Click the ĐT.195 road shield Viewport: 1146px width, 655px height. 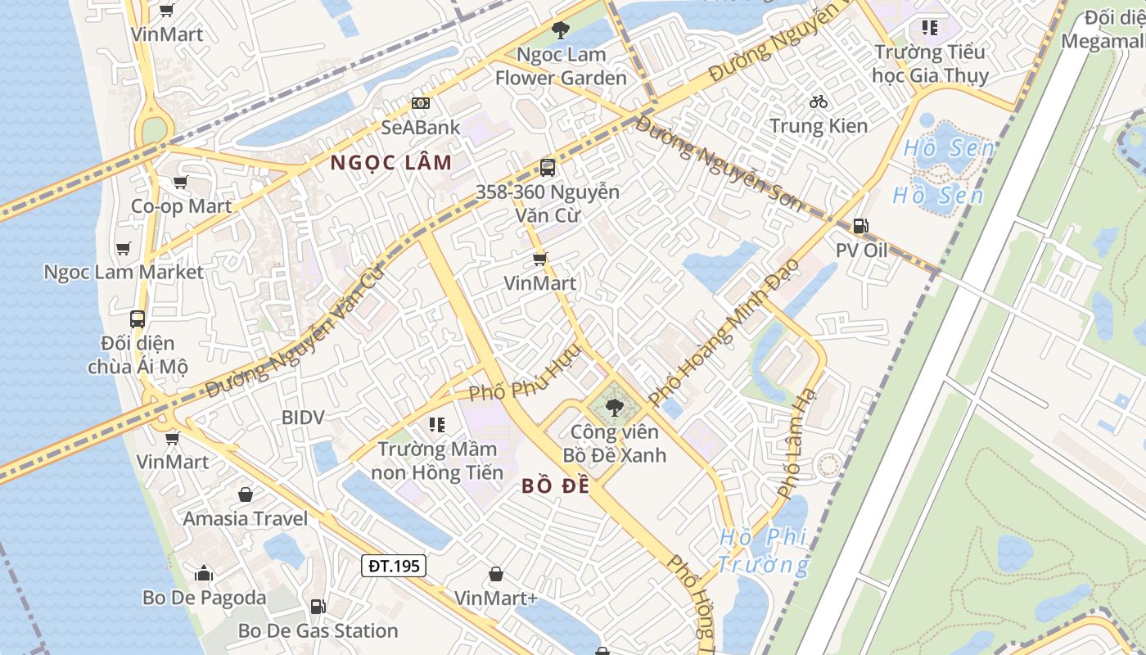pyautogui.click(x=394, y=566)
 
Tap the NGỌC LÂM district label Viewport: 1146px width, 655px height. pyautogui.click(x=391, y=162)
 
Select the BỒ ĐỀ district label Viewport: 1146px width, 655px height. pyautogui.click(x=556, y=486)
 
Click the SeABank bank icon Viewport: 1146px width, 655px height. pyautogui.click(x=421, y=103)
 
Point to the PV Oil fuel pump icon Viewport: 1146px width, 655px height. pyautogui.click(x=860, y=226)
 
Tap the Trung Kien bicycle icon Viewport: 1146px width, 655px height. pyautogui.click(x=818, y=102)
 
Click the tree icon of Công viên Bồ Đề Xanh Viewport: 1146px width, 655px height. pyautogui.click(x=613, y=405)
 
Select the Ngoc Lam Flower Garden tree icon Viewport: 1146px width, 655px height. pyautogui.click(x=561, y=31)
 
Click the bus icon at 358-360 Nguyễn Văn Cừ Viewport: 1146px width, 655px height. pyautogui.click(x=548, y=168)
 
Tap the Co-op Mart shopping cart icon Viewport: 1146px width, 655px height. pyautogui.click(x=181, y=182)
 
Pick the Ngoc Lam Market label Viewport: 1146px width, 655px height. pyautogui.click(x=123, y=272)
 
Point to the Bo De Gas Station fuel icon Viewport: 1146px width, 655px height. pyautogui.click(x=318, y=607)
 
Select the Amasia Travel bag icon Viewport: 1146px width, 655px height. pyautogui.click(x=245, y=495)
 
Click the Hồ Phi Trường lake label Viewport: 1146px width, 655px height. pyautogui.click(x=763, y=551)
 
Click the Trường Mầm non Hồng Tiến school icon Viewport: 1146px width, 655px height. pyautogui.click(x=436, y=425)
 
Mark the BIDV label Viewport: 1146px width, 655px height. pyautogui.click(x=303, y=418)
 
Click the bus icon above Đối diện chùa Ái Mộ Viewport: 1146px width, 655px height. pyautogui.click(x=138, y=318)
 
